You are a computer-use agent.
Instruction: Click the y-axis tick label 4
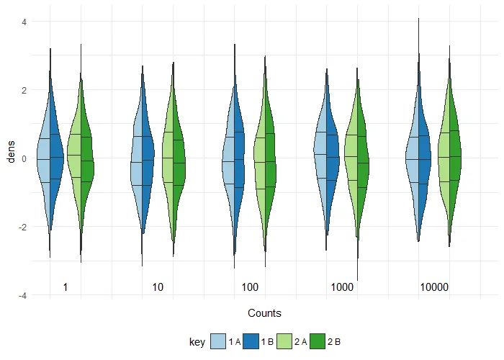[24, 22]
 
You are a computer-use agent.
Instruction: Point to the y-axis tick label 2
[24, 90]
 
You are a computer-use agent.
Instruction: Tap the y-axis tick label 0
[24, 158]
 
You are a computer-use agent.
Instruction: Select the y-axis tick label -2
[22, 227]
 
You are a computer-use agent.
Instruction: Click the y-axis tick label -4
[22, 295]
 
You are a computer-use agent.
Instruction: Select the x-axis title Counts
[264, 313]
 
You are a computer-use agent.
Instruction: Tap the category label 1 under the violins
[66, 287]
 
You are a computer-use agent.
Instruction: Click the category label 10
[158, 287]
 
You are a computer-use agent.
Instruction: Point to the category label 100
[250, 287]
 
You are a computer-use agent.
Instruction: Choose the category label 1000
[342, 287]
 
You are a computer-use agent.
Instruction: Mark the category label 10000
[434, 287]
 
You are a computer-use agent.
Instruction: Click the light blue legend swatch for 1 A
[218, 343]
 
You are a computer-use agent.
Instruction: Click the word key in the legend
[197, 343]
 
